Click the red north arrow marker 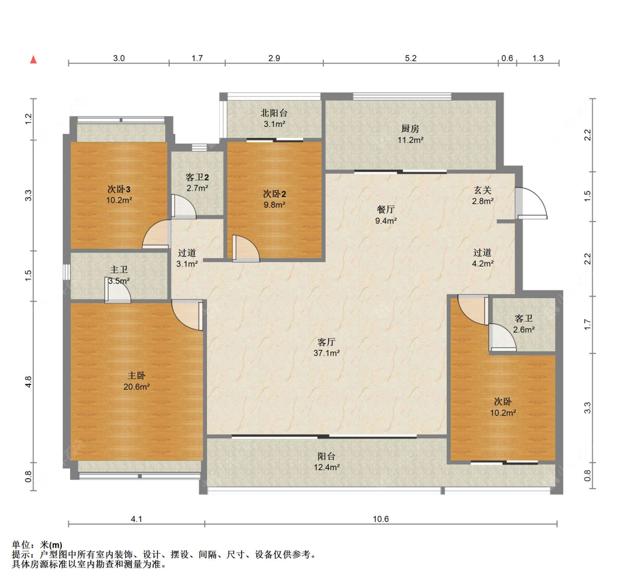click(33, 60)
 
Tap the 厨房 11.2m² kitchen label click(411, 134)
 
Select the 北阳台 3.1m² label click(274, 119)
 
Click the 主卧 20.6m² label click(136, 381)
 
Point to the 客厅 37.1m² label click(327, 347)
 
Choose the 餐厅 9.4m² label click(386, 215)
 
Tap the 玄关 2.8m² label click(482, 196)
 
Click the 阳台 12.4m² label click(327, 462)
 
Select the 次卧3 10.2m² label click(119, 195)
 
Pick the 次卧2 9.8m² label click(274, 199)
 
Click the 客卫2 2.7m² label click(197, 182)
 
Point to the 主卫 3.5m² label click(119, 275)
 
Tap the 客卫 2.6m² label click(524, 324)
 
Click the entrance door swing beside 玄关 click(531, 203)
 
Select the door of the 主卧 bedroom click(188, 315)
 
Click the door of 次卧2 click(246, 249)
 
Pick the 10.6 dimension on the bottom click(381, 519)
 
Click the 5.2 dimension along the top click(411, 58)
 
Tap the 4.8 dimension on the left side click(28, 382)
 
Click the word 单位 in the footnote click(21, 545)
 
